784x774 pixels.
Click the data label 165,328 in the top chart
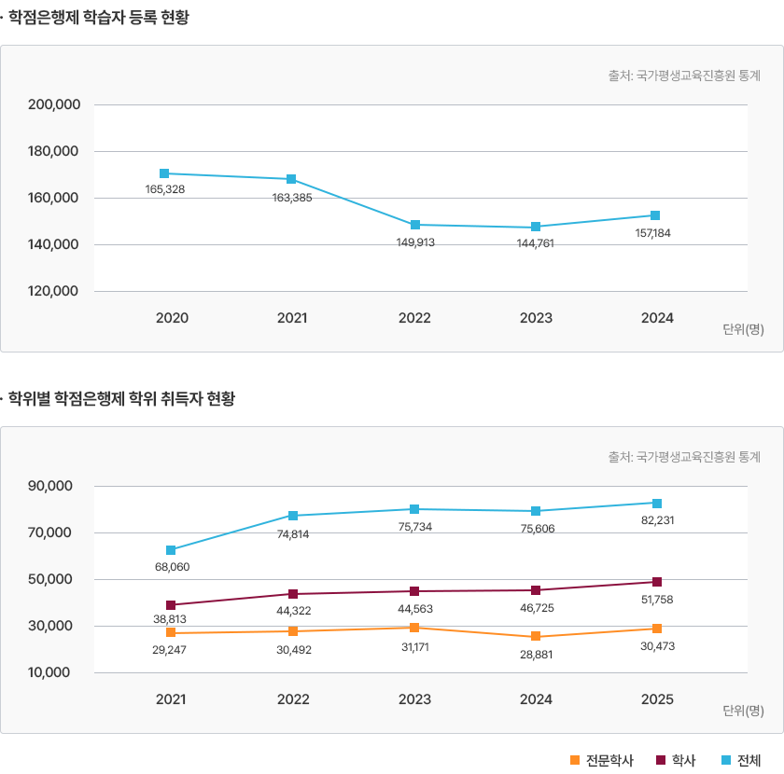[x=164, y=189]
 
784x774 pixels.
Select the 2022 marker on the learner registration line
[x=414, y=225]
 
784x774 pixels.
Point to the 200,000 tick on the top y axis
[x=53, y=105]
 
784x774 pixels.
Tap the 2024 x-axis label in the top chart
[x=657, y=318]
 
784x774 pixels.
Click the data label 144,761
[x=536, y=242]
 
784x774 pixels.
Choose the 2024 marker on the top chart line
[x=655, y=215]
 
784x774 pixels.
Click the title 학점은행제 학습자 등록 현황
[x=98, y=17]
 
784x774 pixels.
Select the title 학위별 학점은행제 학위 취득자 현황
[x=121, y=399]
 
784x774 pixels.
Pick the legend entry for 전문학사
[x=601, y=760]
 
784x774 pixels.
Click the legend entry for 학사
[x=677, y=760]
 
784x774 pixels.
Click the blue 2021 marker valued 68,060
[x=171, y=550]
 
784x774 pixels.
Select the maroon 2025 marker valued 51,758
[x=657, y=583]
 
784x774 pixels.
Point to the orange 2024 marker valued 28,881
[x=536, y=637]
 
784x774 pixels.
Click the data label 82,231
[x=657, y=520]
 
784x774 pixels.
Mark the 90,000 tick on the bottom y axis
[x=50, y=487]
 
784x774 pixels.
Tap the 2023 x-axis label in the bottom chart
[x=414, y=699]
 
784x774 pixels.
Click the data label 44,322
[x=293, y=611]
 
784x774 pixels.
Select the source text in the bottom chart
[x=684, y=457]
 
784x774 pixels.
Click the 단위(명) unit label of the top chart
[x=743, y=329]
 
